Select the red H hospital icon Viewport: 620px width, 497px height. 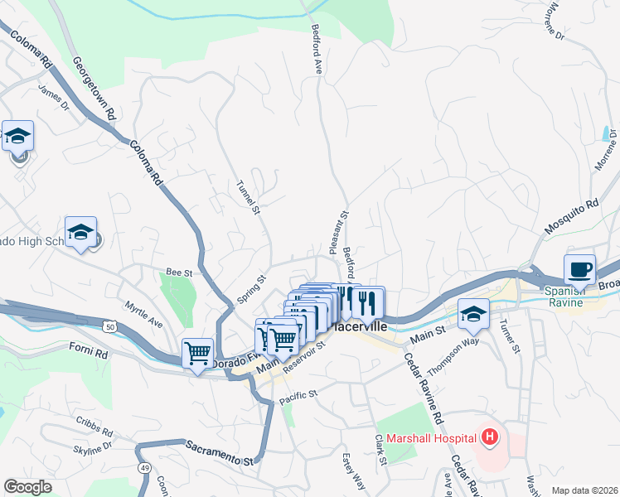pyautogui.click(x=490, y=436)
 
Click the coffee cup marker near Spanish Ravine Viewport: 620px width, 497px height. pyautogui.click(x=579, y=269)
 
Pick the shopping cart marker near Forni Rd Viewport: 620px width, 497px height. pyautogui.click(x=197, y=354)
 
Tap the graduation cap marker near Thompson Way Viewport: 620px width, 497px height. pyautogui.click(x=473, y=314)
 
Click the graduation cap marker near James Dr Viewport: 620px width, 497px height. pyautogui.click(x=17, y=137)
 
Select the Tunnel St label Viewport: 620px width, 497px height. pyautogui.click(x=249, y=197)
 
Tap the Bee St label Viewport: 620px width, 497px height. pyautogui.click(x=179, y=271)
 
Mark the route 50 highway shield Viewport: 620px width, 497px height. pyautogui.click(x=110, y=328)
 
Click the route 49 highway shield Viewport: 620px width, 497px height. pyautogui.click(x=144, y=469)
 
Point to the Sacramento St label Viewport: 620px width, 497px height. pyautogui.click(x=218, y=451)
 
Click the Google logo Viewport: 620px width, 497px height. pyautogui.click(x=28, y=486)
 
